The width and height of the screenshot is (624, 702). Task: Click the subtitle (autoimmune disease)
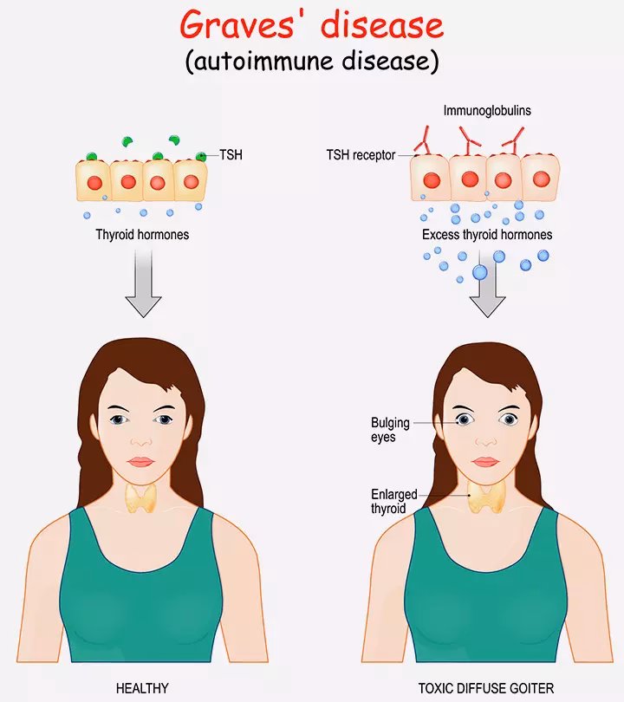pyautogui.click(x=311, y=61)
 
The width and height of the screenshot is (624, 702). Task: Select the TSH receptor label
pyautogui.click(x=361, y=155)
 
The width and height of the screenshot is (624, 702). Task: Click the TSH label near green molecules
pyautogui.click(x=231, y=156)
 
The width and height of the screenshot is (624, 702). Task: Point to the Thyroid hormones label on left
pyautogui.click(x=143, y=235)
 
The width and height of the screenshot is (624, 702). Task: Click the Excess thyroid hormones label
pyautogui.click(x=487, y=235)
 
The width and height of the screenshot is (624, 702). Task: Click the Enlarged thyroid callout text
pyautogui.click(x=388, y=502)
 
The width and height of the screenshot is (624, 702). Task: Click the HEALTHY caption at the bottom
pyautogui.click(x=142, y=689)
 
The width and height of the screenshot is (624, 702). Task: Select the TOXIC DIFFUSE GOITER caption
pyautogui.click(x=485, y=689)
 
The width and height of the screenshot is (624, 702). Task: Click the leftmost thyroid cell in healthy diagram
pyautogui.click(x=92, y=181)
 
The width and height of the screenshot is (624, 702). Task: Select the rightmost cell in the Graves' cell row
pyautogui.click(x=541, y=178)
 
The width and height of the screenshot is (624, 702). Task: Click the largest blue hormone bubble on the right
pyautogui.click(x=480, y=273)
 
